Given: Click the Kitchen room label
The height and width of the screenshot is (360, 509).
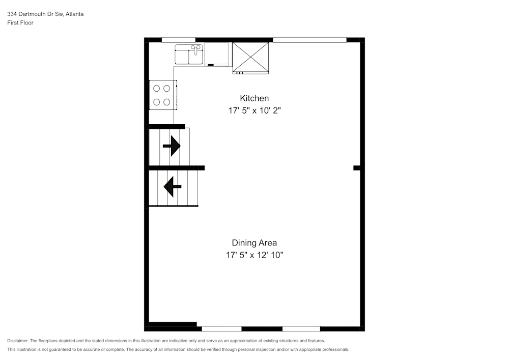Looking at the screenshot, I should (x=254, y=98).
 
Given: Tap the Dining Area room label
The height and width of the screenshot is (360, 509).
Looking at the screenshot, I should (x=254, y=243).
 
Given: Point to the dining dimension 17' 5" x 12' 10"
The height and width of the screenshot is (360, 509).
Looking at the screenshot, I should (x=254, y=255).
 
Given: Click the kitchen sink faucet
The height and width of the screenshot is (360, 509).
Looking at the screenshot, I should (x=194, y=49).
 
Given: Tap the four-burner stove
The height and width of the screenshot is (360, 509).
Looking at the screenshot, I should (x=162, y=95).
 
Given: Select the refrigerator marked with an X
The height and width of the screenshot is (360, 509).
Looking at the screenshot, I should (x=250, y=57).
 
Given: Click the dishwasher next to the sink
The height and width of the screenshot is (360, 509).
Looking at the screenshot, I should (x=218, y=55).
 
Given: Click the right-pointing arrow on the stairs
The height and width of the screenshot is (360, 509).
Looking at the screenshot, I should (x=172, y=146).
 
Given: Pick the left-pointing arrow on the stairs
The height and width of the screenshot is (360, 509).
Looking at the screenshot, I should (x=172, y=186).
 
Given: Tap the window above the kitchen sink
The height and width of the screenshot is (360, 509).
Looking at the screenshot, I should (x=178, y=39).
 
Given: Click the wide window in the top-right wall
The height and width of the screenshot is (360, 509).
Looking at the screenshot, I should (x=309, y=39).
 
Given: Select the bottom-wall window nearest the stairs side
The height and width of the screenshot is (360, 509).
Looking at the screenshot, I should (x=221, y=328).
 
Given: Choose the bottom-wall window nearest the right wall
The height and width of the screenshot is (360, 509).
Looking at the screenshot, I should (x=301, y=328).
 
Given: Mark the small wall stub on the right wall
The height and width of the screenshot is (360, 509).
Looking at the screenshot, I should (x=357, y=168).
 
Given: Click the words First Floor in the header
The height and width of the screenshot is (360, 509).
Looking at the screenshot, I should (x=20, y=23).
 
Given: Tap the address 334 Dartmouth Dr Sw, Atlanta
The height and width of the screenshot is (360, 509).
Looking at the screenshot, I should (x=45, y=14).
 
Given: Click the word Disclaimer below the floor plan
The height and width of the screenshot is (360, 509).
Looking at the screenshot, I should (x=18, y=341).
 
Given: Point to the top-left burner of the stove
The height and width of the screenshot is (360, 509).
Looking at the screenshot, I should (x=157, y=87).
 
